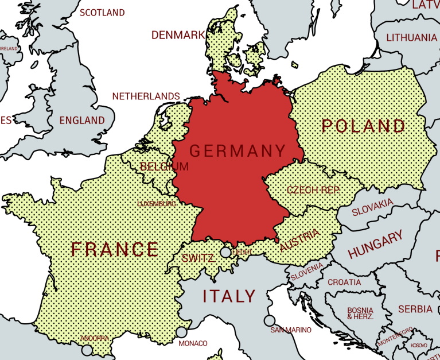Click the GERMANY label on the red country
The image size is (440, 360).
pyautogui.click(x=237, y=151)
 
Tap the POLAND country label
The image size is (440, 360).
pyautogui.click(x=363, y=126)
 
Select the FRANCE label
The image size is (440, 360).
pyautogui.click(x=115, y=249)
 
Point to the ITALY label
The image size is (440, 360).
pyautogui.click(x=229, y=296)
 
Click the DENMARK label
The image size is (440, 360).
pyautogui.click(x=178, y=35)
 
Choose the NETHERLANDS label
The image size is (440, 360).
pyautogui.click(x=146, y=96)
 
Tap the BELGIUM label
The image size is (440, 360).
pyautogui.click(x=163, y=167)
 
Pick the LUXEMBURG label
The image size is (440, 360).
pyautogui.click(x=157, y=203)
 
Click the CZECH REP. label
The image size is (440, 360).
pyautogui.click(x=313, y=190)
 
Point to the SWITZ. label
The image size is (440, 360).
pyautogui.click(x=198, y=258)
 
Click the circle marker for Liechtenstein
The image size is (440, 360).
pyautogui.click(x=226, y=252)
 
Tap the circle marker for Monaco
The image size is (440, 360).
pyautogui.click(x=181, y=332)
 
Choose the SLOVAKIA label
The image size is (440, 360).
pyautogui.click(x=372, y=207)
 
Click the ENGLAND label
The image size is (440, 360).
pyautogui.click(x=82, y=121)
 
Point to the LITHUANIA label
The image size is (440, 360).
pyautogui.click(x=411, y=38)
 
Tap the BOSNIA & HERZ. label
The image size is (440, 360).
pyautogui.click(x=360, y=313)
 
